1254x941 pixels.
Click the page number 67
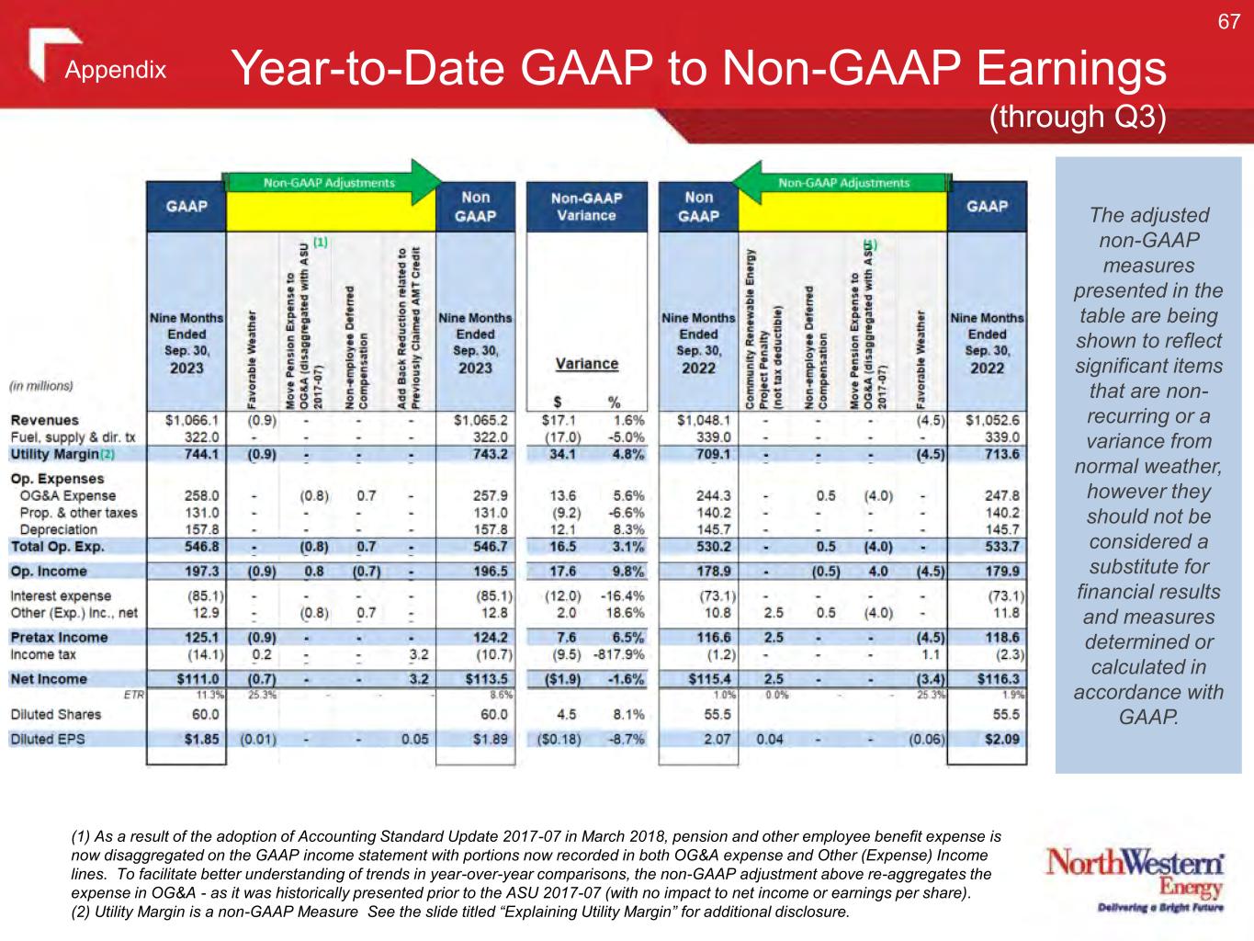pos(1228,21)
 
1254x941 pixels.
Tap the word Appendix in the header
pos(116,71)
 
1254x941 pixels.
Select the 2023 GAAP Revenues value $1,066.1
pos(191,421)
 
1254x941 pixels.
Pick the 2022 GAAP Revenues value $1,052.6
pos(992,421)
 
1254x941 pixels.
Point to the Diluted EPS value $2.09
pos(1002,739)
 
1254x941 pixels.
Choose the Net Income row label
pos(49,679)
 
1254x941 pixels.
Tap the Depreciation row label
pos(58,529)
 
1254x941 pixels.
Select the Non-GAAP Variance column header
pos(586,207)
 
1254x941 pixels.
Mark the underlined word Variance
pos(587,364)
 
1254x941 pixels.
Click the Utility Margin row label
pos(54,454)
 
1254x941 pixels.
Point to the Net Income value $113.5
pos(487,679)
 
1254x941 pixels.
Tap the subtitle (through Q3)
pos(1077,117)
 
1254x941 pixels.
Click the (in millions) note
pos(41,386)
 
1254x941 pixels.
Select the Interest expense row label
pos(61,595)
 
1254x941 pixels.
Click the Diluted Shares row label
pos(56,714)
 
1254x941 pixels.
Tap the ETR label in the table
pos(133,695)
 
